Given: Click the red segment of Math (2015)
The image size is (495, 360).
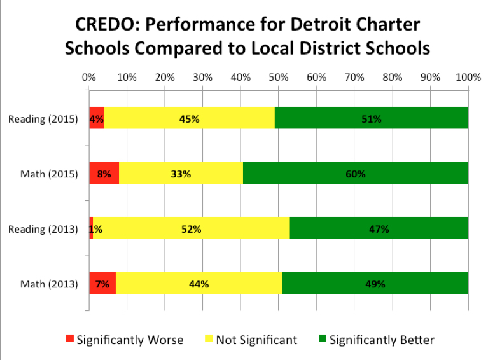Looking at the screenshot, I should point(104,174).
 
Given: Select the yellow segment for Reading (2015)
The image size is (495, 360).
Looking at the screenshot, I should point(159,119).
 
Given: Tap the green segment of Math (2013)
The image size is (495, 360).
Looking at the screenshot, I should point(375,284).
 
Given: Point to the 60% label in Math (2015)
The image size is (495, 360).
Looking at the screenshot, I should point(356,174).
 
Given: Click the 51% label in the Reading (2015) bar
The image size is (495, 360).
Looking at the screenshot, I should point(372,119).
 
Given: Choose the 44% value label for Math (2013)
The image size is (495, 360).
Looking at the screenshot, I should point(199,284).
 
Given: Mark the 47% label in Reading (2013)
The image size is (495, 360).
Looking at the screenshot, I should point(379,229).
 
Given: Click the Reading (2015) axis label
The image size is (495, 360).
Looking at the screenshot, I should point(43,119).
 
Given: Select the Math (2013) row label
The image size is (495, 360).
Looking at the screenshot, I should point(49,284).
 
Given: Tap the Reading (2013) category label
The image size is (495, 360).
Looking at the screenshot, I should point(43,229).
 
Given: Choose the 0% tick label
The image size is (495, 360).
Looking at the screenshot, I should point(89,77).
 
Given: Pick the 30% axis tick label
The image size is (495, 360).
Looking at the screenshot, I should point(203,77).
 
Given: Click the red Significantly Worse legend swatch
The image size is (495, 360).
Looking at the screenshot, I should point(70,340).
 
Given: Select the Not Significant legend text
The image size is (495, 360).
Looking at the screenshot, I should point(256,340).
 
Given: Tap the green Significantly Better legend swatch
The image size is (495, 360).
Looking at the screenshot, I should point(323,340).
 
